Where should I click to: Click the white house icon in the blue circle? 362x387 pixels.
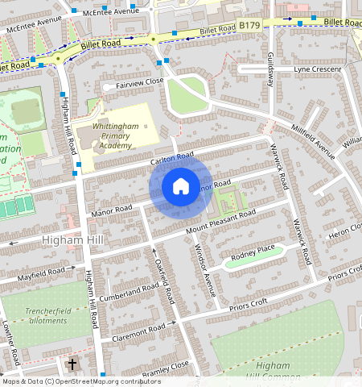coord(181,187)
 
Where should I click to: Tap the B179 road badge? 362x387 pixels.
coord(249,27)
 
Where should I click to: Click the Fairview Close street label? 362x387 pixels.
coord(139,82)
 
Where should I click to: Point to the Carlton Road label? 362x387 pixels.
coord(172,160)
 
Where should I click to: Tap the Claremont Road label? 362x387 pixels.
coord(138,331)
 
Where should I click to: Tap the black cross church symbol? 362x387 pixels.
coord(72,365)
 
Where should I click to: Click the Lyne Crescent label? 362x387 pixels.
coord(317,69)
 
